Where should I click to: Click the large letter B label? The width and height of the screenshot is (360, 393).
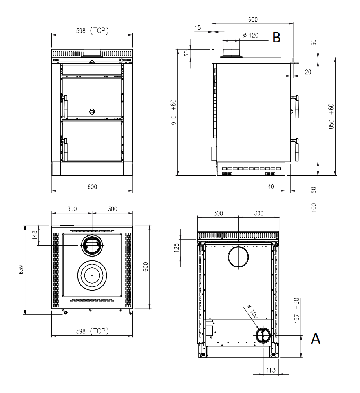276,38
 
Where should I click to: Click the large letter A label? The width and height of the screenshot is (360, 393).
316,338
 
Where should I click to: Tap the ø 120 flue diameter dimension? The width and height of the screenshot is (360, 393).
250,35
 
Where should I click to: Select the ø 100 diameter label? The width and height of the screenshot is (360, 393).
252,311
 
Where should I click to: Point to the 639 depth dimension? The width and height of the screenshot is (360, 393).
21,270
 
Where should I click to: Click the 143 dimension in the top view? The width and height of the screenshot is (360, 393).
35,235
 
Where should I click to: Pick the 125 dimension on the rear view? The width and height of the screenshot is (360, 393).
177,247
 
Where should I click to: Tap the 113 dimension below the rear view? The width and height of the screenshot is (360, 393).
271,370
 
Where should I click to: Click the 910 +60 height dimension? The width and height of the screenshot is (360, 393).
174,112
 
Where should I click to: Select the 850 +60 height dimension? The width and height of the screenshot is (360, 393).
331,116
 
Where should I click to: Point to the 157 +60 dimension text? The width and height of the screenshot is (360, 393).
297,311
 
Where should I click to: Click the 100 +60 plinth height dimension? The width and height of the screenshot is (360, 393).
314,200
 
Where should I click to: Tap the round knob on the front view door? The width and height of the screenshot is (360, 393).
92,111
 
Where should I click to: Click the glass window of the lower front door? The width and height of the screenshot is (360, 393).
92,138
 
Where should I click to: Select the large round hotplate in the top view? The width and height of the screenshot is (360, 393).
92,275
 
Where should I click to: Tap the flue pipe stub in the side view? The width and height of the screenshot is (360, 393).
231,52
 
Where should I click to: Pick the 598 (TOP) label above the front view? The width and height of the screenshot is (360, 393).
92,31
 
